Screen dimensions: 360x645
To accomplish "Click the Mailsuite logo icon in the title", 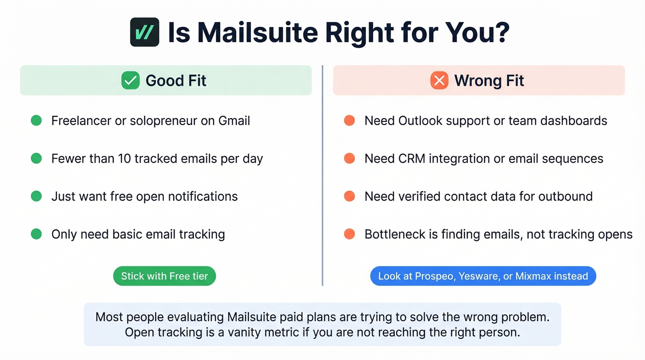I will click(x=145, y=32).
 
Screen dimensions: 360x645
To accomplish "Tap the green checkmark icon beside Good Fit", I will click(x=130, y=81).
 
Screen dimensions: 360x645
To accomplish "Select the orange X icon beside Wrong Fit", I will click(x=439, y=81).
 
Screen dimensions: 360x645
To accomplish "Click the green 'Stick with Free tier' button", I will click(x=164, y=277).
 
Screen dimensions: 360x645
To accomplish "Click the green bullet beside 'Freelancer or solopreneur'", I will click(x=36, y=121).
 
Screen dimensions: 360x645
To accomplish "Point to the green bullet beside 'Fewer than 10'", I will click(x=36, y=159).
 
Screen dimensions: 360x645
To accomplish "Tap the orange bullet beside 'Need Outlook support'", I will click(x=350, y=121).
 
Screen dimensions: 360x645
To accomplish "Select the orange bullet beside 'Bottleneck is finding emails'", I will click(x=350, y=234).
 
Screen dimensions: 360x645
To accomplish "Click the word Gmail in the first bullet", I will click(x=234, y=121).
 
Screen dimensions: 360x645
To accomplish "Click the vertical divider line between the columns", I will click(x=322, y=175).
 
